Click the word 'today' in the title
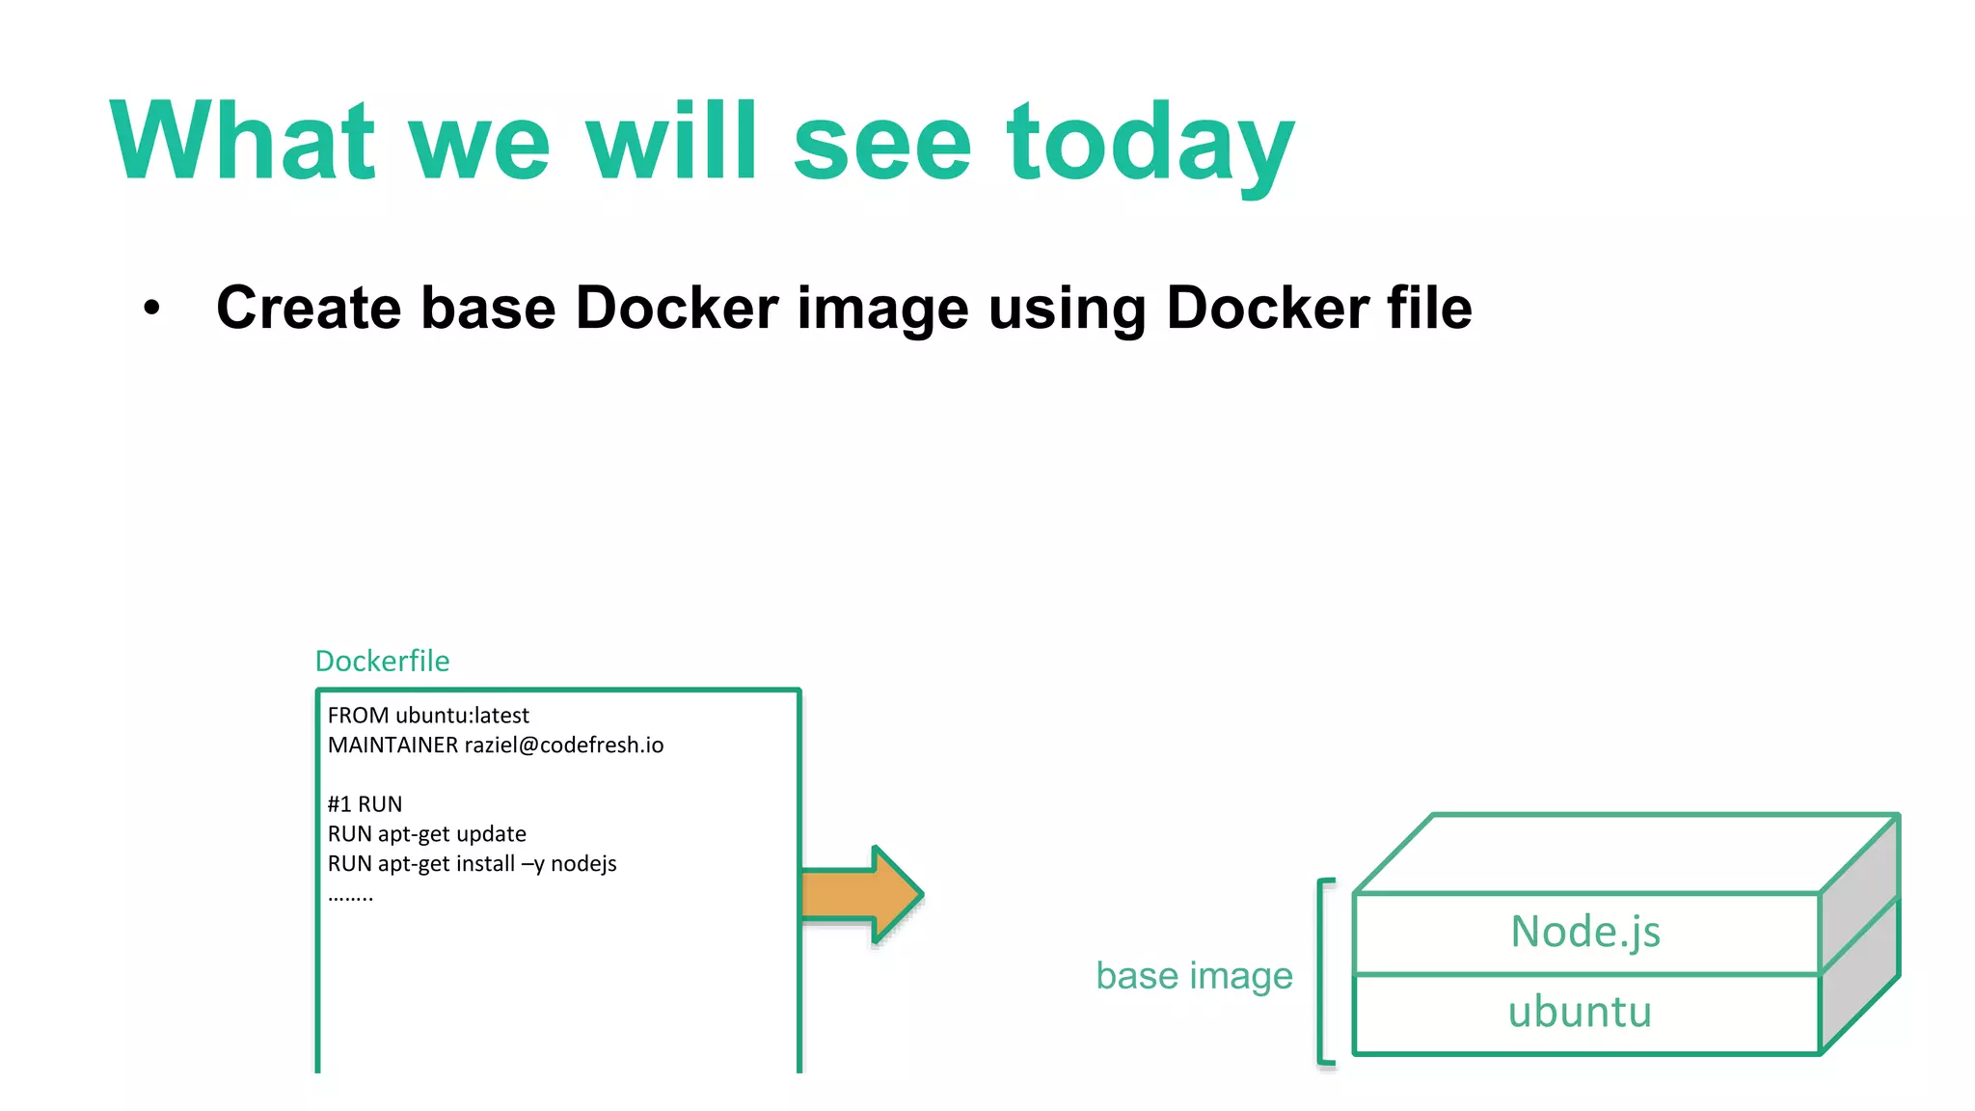pos(1150,145)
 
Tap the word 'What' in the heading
pos(242,143)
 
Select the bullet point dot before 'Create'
pos(151,309)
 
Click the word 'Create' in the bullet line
pos(308,309)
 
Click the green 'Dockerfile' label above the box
pos(382,662)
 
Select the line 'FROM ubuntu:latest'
pos(428,716)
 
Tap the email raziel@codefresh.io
pos(564,745)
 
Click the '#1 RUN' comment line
pos(365,804)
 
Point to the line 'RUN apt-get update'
pos(426,834)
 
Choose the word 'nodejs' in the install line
pos(583,864)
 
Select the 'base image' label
pos(1194,976)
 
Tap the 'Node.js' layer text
pos(1585,933)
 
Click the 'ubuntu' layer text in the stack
pos(1580,1013)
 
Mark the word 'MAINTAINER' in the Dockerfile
pos(392,745)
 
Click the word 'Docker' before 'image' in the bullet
pos(677,309)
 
